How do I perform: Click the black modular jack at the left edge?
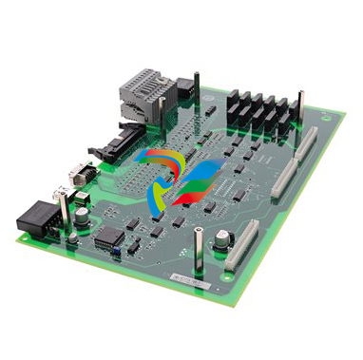36,218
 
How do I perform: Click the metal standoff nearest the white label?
198,255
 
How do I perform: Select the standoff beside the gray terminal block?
196,90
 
